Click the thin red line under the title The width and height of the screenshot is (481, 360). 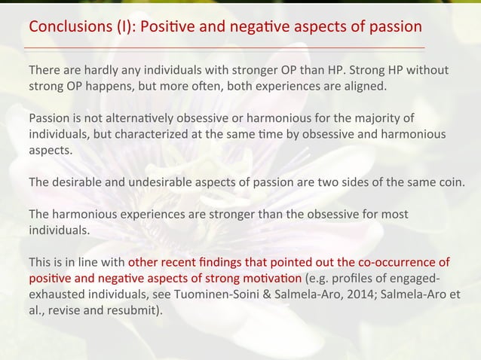tap(226, 47)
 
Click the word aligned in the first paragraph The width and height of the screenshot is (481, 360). tap(364, 86)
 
